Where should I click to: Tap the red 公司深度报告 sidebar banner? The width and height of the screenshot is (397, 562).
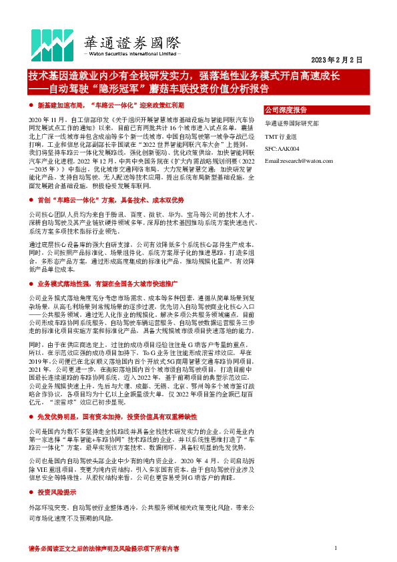pos(286,109)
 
